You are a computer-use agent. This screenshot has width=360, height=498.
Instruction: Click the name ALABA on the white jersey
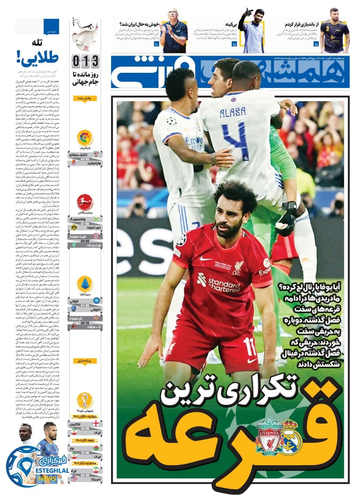point(232,112)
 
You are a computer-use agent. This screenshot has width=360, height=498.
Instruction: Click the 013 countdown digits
point(86,61)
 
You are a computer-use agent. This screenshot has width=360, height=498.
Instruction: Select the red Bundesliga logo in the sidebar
point(85,204)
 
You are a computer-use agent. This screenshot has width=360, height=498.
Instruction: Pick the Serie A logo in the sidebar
point(85,284)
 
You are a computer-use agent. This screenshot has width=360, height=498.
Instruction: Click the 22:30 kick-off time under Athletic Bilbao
point(85,159)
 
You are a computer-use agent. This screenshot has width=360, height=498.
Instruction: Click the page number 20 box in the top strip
point(156,44)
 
